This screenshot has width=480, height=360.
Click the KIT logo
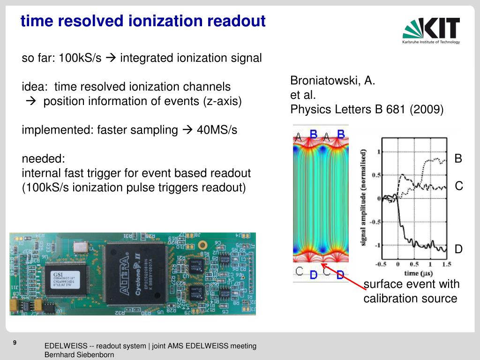point(431,30)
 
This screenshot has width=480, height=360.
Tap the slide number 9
point(15,343)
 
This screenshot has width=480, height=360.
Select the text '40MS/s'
point(217,130)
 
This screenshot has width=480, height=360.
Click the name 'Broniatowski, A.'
point(333,80)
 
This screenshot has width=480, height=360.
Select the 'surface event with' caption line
point(412,284)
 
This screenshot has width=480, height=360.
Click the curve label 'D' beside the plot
point(458,249)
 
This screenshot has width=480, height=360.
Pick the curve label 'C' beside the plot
point(459,186)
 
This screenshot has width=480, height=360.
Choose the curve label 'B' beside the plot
point(458,158)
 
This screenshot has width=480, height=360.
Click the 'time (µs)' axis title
point(418,273)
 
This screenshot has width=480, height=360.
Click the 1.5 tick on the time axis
point(446,264)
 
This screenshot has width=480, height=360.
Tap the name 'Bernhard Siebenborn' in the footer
point(79,355)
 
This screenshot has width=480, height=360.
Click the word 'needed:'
point(43,159)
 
